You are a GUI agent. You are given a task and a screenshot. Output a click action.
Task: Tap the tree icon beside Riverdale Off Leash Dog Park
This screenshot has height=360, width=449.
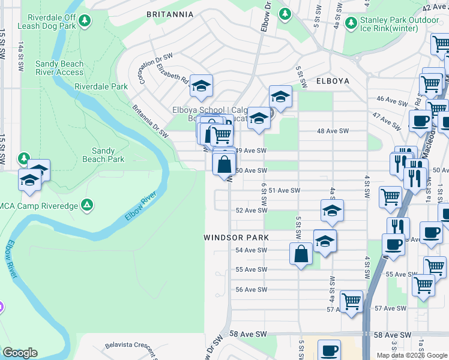coord(85,22)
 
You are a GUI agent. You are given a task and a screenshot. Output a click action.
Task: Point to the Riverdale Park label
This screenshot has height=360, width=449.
coord(101,86)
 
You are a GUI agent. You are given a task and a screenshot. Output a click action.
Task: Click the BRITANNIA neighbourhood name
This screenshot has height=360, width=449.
coord(170,14)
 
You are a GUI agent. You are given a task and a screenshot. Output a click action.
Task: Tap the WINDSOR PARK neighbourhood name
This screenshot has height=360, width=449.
coord(236,238)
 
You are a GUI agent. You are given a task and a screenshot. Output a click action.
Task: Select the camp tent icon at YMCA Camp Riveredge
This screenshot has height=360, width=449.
coord(88,205)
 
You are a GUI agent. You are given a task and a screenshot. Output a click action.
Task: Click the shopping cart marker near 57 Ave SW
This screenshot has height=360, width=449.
coord(351,300)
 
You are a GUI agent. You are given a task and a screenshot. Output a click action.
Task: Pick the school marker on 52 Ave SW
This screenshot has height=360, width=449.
coord(331,210)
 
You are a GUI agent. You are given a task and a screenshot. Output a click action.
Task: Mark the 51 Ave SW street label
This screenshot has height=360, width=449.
coord(284,190)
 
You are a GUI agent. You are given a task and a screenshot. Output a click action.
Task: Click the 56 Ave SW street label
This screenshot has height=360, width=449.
coord(251,289)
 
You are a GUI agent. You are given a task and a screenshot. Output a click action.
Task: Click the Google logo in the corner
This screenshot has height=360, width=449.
coord(20,353)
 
